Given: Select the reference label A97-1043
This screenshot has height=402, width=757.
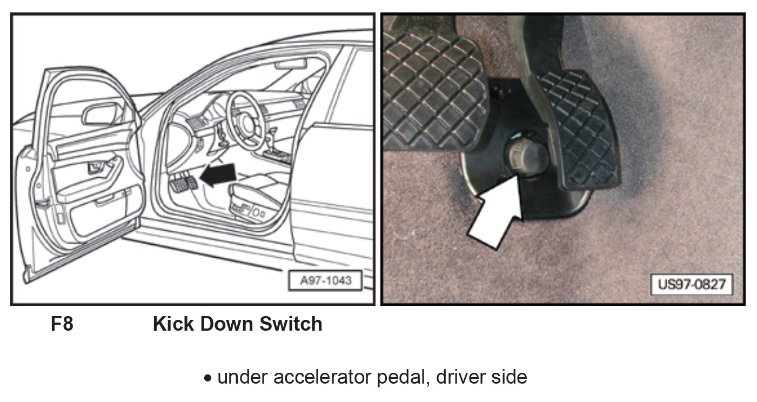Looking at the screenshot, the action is point(326,281).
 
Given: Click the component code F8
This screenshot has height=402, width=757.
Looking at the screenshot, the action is point(62,324).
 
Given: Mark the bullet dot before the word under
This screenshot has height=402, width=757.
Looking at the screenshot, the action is point(209,378).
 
